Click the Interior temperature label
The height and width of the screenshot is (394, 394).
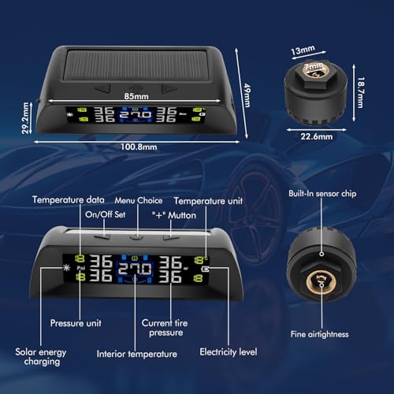click(x=136, y=354)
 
